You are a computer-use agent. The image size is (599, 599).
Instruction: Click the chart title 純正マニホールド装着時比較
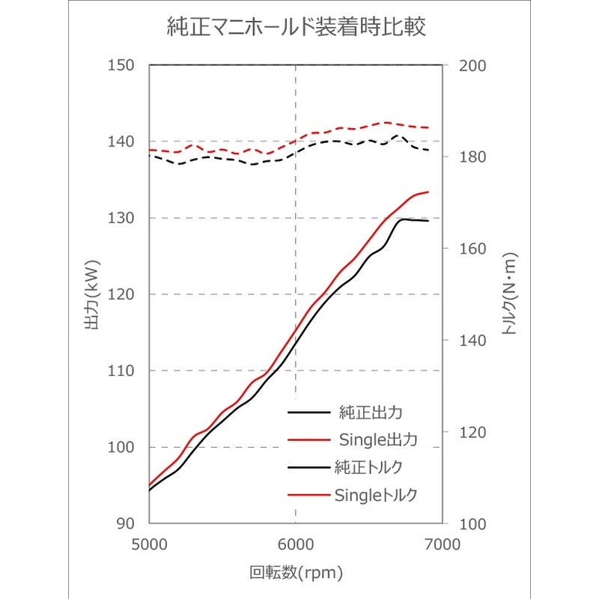click(297, 27)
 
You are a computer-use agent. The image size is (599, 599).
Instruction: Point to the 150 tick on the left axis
click(121, 65)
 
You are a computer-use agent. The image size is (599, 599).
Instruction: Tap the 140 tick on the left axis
click(121, 142)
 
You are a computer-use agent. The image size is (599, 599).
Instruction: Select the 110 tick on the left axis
click(121, 371)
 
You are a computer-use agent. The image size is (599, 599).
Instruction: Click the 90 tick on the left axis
click(125, 523)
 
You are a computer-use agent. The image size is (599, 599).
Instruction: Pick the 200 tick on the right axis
click(472, 66)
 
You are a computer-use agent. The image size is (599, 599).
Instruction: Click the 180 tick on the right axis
click(472, 157)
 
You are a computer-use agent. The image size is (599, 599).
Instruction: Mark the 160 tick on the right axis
click(472, 249)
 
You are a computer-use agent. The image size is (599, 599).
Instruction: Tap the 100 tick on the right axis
click(472, 523)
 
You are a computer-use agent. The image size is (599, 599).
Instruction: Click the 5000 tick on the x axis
click(149, 544)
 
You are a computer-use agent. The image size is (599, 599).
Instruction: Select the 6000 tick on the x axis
click(296, 544)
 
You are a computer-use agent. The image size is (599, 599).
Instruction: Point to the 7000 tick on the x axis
click(443, 544)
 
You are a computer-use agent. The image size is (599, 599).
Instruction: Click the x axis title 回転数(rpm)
click(296, 573)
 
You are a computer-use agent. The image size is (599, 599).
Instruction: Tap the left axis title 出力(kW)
click(91, 294)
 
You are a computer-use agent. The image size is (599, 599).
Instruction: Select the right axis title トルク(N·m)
click(509, 294)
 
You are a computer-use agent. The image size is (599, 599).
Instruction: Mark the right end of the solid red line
click(428, 192)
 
